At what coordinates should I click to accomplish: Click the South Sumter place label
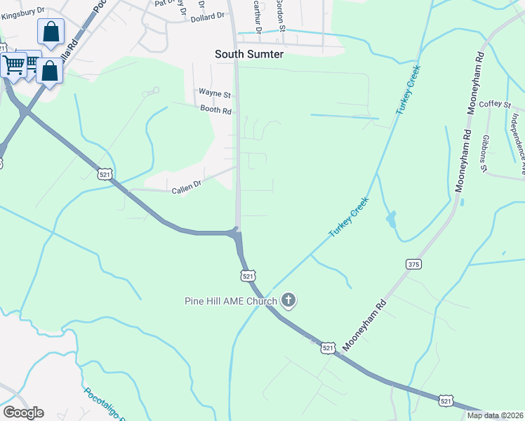point(249,54)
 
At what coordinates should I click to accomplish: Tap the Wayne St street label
point(214,93)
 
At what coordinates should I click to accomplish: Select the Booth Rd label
point(215,110)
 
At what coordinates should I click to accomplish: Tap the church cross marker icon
point(288,302)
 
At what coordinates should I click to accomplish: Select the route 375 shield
point(413,264)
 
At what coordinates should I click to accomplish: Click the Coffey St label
point(495,105)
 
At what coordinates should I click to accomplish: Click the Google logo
point(23,413)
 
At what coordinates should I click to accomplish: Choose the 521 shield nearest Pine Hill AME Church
point(248,276)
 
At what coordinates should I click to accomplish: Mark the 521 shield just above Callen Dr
point(104,173)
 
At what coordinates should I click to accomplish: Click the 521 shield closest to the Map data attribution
point(447,400)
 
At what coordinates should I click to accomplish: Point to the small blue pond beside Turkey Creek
point(390,220)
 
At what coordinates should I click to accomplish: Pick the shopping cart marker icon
point(14,65)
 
